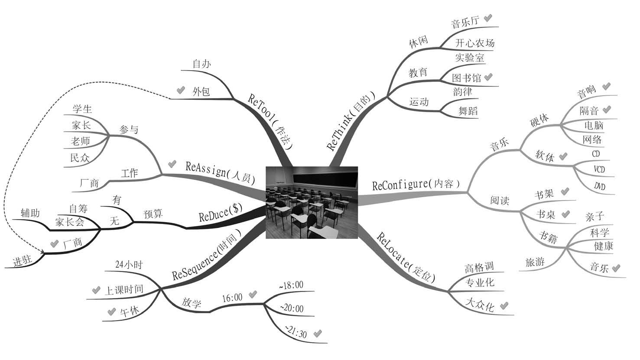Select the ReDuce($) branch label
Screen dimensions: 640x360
[221, 213]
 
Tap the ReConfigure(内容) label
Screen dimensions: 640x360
[416, 185]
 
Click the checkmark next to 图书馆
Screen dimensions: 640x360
[488, 77]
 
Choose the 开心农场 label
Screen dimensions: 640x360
[475, 43]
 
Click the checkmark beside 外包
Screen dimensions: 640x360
[181, 90]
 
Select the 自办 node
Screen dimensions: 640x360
[202, 63]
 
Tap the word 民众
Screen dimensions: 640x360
[80, 157]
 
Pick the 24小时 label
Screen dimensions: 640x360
[129, 265]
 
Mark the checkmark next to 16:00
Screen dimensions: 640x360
[253, 294]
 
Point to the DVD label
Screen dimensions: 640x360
[599, 186]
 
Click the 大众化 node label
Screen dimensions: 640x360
[480, 305]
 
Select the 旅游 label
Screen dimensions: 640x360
[535, 262]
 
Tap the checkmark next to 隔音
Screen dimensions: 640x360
[607, 109]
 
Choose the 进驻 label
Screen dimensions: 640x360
[22, 260]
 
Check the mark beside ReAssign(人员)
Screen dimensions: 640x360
[172, 164]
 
